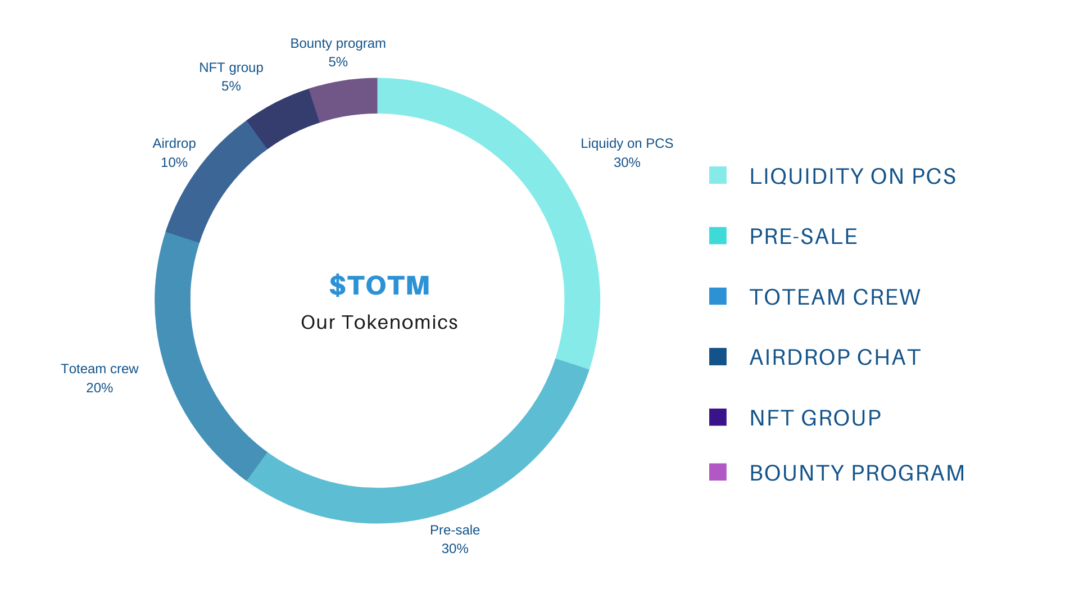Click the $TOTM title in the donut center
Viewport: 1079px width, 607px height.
pos(379,285)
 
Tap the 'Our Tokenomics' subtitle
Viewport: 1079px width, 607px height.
pos(379,323)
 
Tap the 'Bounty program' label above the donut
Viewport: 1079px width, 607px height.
pos(338,43)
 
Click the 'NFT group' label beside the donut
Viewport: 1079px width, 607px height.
pos(231,67)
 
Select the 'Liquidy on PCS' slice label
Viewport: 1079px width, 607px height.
pos(627,143)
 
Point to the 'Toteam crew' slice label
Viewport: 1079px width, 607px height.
pos(99,369)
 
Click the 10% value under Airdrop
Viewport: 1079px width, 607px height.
pos(174,162)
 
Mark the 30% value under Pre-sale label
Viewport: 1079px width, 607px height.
pos(455,549)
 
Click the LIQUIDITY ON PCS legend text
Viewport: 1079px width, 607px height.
pos(853,176)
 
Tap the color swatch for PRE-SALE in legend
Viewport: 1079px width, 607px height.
pos(718,236)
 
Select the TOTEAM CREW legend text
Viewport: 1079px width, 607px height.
pos(835,297)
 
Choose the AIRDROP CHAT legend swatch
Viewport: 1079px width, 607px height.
pos(718,357)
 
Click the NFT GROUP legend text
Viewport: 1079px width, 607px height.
pos(815,418)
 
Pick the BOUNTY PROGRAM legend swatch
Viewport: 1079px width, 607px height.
pos(718,472)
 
